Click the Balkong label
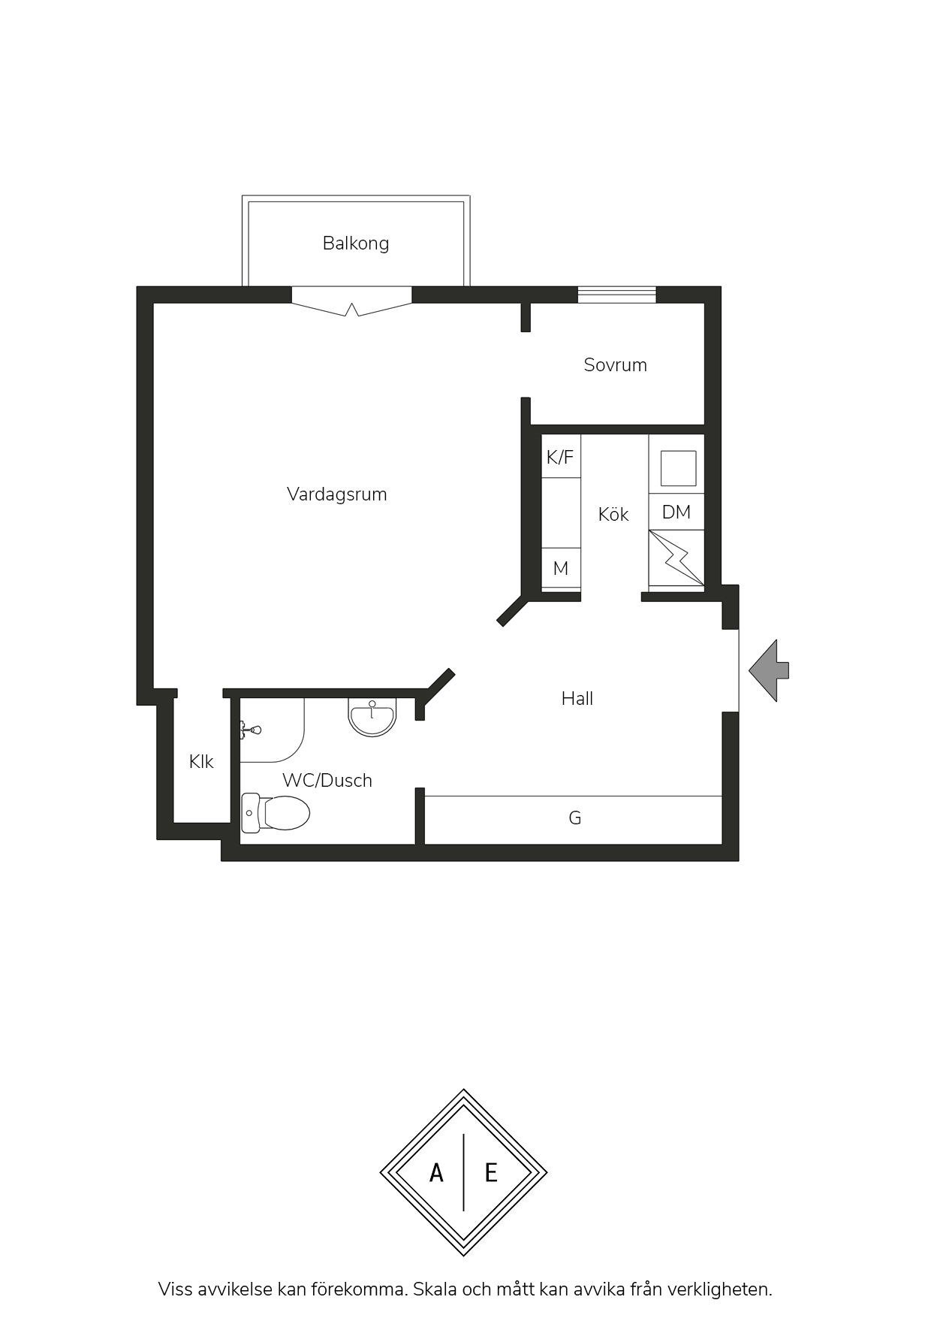click(x=356, y=243)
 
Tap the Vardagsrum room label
click(x=337, y=494)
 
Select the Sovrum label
click(x=616, y=365)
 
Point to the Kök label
click(x=613, y=514)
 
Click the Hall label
click(x=577, y=699)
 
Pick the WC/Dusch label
click(x=327, y=781)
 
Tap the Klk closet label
click(x=201, y=762)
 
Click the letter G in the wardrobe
click(x=575, y=818)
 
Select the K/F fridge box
click(x=561, y=456)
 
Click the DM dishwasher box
click(x=676, y=512)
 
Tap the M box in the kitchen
click(x=561, y=569)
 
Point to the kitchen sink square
click(x=679, y=469)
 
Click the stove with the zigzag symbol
click(x=676, y=558)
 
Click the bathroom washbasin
click(x=372, y=718)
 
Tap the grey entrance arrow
click(x=769, y=671)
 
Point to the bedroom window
click(x=617, y=295)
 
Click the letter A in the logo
click(x=436, y=1172)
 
